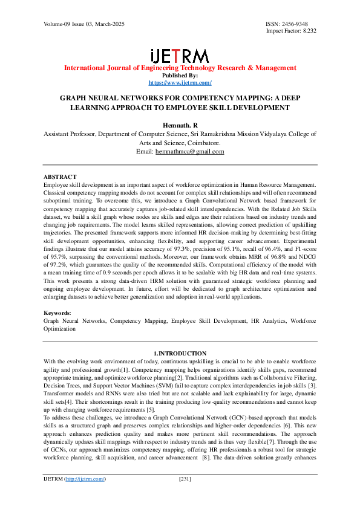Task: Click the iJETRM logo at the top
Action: [x=180, y=56]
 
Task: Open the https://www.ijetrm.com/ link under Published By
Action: [x=180, y=82]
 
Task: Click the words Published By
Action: [x=180, y=76]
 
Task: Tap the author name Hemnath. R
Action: [x=180, y=123]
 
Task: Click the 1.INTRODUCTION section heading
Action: [x=180, y=353]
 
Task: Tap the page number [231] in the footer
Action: [x=185, y=496]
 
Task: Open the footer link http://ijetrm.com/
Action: [x=85, y=496]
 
